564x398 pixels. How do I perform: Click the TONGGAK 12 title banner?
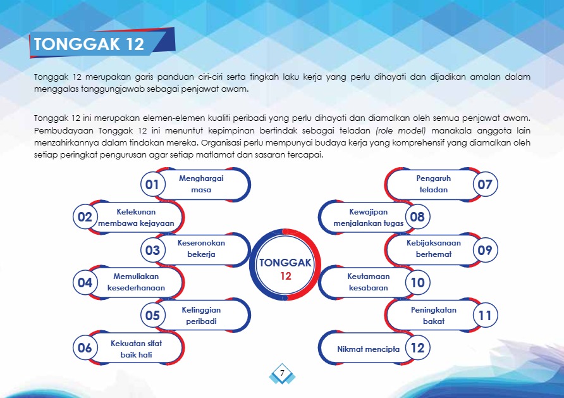[x=102, y=43]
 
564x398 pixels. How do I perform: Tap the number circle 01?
[x=152, y=184]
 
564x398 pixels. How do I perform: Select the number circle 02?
[x=85, y=216]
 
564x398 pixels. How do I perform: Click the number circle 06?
[x=85, y=347]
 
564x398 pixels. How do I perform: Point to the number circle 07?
[x=485, y=184]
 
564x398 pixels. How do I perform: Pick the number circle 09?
[x=485, y=250]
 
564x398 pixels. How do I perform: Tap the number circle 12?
[x=417, y=347]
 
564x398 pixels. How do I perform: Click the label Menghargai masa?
[x=201, y=184]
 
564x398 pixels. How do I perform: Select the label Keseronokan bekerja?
[x=201, y=248]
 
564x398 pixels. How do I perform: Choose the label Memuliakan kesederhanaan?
[x=136, y=282]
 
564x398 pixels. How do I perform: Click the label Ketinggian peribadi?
[x=201, y=315]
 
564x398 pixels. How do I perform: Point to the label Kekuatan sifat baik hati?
[x=136, y=349]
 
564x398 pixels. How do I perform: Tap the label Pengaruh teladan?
[x=433, y=184]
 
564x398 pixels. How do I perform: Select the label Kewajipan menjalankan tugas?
[x=369, y=218]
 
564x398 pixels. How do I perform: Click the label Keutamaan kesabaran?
[x=369, y=282]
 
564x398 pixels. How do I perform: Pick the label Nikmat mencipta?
[x=369, y=349]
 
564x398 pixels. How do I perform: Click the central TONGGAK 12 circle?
[x=285, y=264]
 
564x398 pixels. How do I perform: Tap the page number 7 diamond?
[x=283, y=373]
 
